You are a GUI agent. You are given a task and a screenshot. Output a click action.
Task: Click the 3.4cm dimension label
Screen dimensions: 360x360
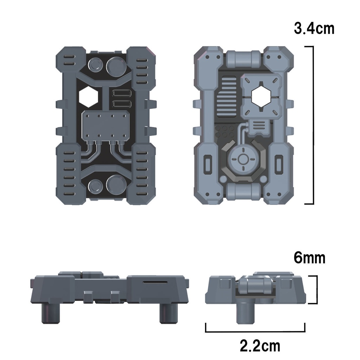click(314, 28)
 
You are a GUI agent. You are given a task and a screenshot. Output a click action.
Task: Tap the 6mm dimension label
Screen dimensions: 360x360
click(309, 258)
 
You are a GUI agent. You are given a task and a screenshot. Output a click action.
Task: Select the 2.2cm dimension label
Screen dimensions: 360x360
click(260, 346)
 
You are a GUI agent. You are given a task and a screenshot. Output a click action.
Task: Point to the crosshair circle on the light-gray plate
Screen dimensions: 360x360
click(243, 159)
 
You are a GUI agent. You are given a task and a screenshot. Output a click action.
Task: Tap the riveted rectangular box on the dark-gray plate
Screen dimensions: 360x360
click(105, 126)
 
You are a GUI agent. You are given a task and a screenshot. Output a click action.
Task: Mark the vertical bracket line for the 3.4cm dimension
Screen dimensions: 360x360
click(313, 125)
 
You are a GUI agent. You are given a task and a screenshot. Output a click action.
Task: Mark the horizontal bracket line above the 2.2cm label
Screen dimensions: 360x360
click(255, 331)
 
